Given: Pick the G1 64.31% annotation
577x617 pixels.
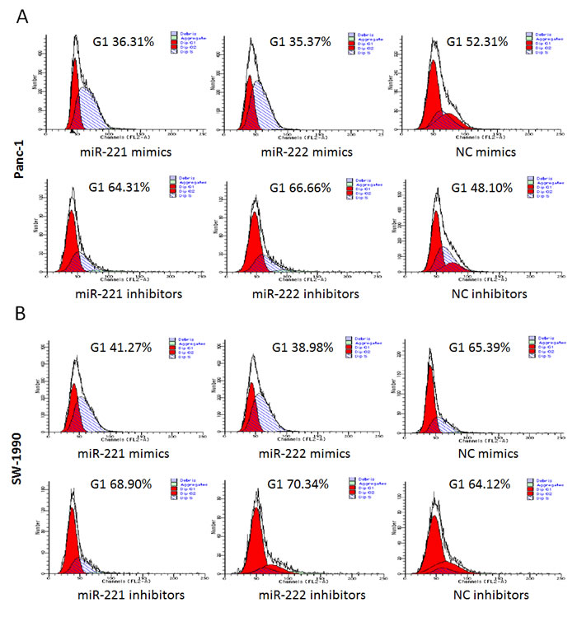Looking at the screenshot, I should (115, 187).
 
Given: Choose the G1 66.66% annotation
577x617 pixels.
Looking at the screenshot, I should (306, 187).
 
